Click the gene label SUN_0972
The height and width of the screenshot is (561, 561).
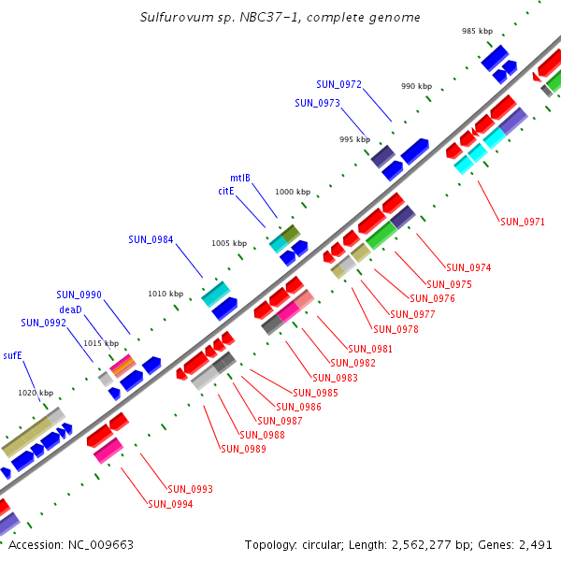tap(338, 84)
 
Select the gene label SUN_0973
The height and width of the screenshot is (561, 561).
tap(317, 103)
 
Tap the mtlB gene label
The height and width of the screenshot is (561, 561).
tap(240, 178)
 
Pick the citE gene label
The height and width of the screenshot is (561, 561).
tap(225, 191)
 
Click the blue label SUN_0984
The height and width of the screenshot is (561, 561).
tap(151, 239)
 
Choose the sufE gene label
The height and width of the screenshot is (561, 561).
tap(12, 355)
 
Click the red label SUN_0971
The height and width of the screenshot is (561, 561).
tap(523, 222)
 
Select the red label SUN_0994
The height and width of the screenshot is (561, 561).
tap(170, 504)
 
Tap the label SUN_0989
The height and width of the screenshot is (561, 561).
tap(243, 449)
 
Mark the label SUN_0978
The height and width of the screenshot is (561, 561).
tap(396, 329)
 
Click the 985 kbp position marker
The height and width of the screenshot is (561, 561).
tap(477, 31)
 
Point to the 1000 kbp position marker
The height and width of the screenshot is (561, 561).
tap(293, 192)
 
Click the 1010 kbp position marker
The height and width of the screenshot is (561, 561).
tap(165, 294)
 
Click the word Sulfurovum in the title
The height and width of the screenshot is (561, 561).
tap(173, 18)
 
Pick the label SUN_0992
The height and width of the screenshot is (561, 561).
tap(43, 323)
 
